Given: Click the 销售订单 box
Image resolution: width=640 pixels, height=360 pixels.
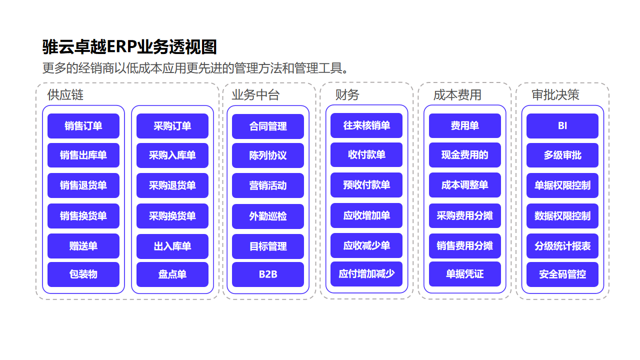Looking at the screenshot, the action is coord(83,126).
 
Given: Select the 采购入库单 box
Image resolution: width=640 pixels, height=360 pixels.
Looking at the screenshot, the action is coord(172,155).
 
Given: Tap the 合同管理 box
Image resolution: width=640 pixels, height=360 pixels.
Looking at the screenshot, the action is coord(268,126).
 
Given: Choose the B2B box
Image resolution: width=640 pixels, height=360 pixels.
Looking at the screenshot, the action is coord(268,274).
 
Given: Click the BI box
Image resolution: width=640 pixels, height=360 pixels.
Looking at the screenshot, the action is coord(562,126).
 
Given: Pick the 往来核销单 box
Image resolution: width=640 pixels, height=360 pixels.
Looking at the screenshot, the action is coord(366,125).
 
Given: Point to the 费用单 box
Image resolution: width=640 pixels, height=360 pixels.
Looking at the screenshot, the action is coord(465,125).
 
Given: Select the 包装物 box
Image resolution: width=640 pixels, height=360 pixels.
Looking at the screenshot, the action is coord(83,274).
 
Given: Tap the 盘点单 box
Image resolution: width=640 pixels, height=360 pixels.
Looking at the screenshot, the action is coord(172,274).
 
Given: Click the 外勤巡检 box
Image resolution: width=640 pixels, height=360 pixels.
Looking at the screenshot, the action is coord(268,216).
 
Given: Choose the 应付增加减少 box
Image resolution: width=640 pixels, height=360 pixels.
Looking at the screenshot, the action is coord(366,273).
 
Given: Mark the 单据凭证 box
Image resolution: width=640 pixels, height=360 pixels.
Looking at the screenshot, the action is coord(465,273).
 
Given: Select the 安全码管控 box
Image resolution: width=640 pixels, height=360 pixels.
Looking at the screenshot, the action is coord(562,274).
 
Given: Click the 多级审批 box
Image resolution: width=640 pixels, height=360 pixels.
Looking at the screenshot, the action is coord(562,155).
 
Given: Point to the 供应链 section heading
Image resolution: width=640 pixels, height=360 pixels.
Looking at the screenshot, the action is coord(65,95).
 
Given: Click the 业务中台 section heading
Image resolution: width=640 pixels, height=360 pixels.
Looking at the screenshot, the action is coord(255,95).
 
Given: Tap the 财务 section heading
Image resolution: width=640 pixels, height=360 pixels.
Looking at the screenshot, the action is coord(347,95).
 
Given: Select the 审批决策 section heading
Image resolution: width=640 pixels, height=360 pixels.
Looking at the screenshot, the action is coord(555,95).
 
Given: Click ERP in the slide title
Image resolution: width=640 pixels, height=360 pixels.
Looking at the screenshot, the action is coord(121,46).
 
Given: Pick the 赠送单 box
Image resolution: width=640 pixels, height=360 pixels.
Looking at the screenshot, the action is coord(83,246).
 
